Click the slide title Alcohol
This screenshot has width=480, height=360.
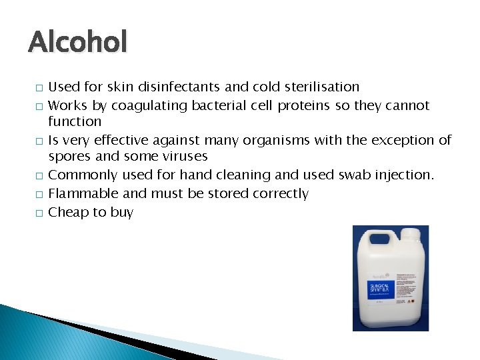pos(77,43)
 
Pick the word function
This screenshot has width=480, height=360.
pos(75,121)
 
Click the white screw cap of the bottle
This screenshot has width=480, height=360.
pos(409,234)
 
